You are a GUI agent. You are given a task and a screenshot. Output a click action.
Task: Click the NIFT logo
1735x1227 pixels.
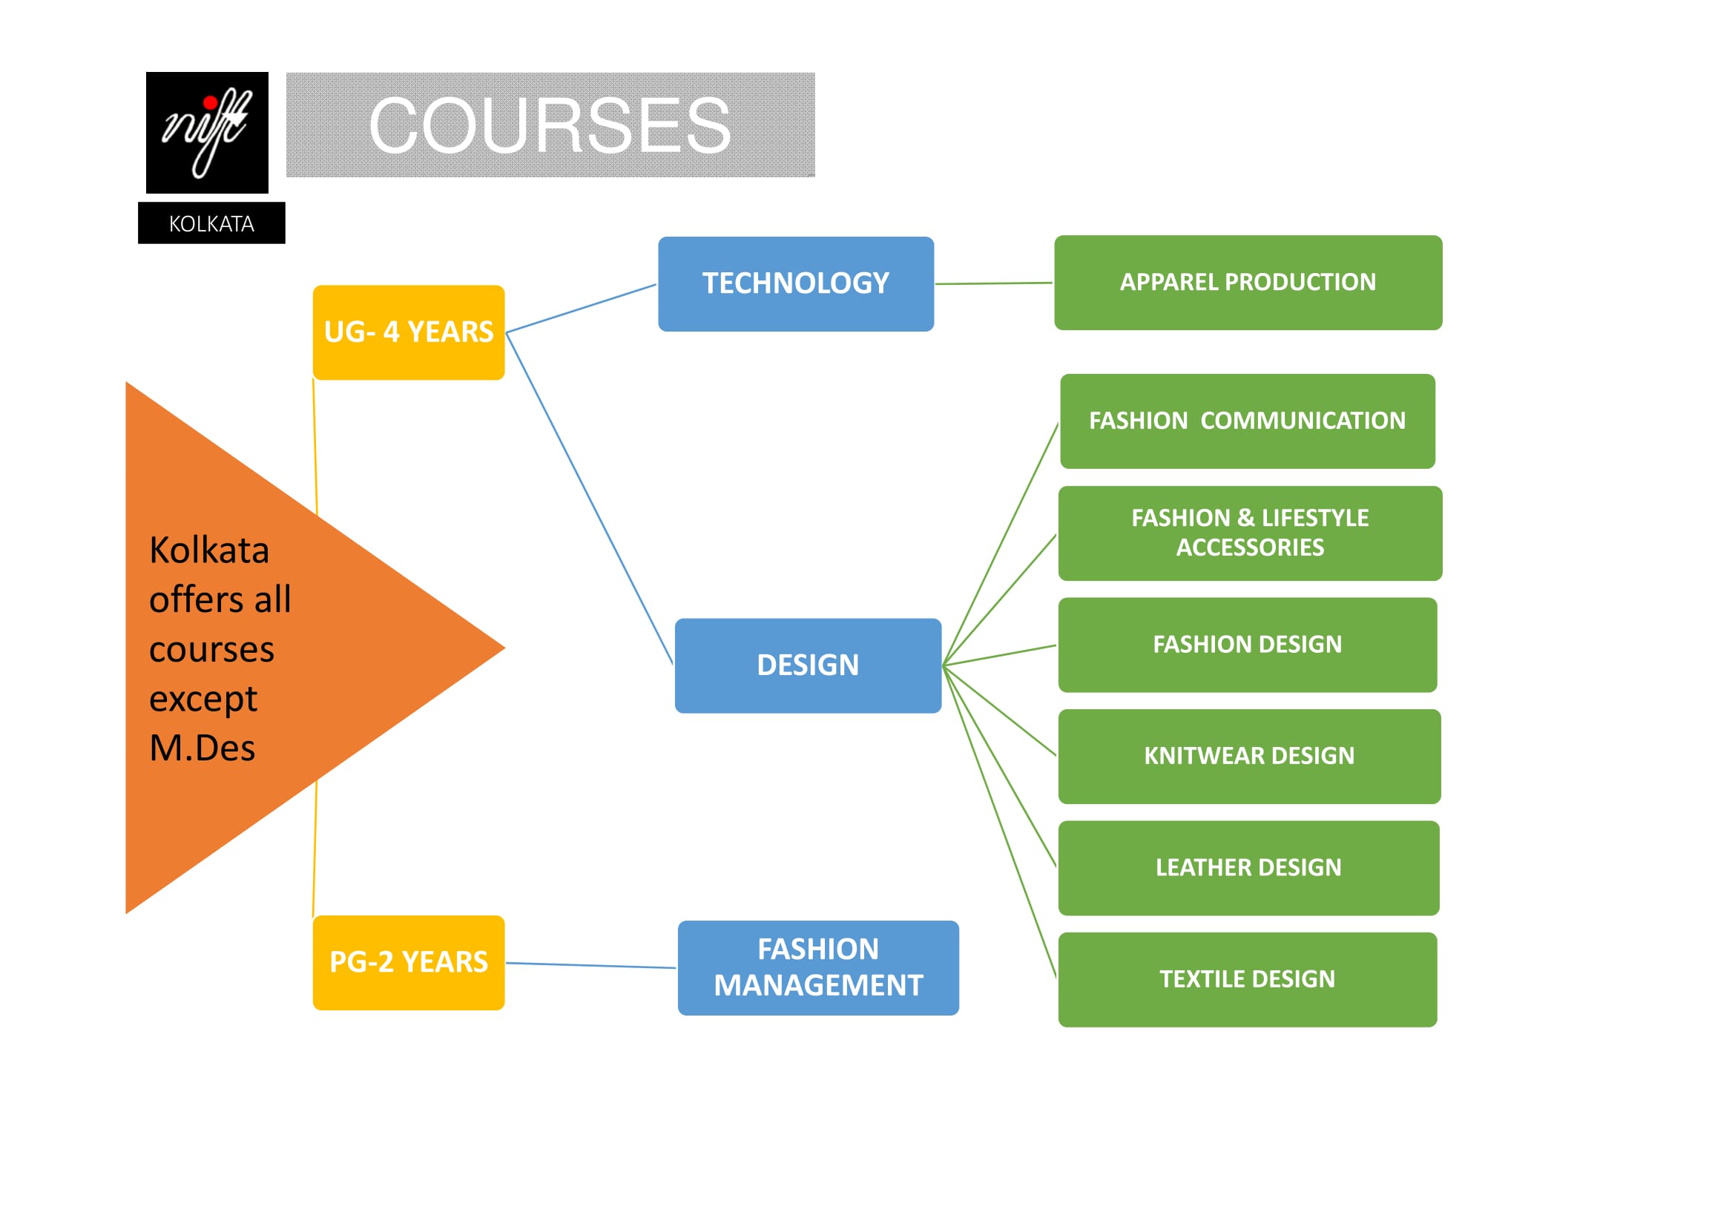(x=207, y=132)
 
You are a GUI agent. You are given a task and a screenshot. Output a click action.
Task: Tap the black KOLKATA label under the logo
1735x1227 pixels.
(x=211, y=223)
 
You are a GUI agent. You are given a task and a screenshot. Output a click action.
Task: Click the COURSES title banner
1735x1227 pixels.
(x=550, y=125)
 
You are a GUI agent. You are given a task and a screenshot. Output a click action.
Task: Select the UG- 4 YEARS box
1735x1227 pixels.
(x=408, y=332)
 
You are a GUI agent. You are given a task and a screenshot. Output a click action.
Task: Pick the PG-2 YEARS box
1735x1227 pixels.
(x=408, y=963)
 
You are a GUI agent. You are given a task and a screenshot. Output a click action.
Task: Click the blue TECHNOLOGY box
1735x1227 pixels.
(x=796, y=284)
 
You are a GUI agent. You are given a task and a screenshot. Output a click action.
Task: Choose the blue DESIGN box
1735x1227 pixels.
(x=808, y=665)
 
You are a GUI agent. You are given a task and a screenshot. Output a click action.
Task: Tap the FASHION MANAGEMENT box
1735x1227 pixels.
(x=818, y=968)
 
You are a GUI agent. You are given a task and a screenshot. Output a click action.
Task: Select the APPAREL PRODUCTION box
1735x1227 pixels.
(x=1248, y=283)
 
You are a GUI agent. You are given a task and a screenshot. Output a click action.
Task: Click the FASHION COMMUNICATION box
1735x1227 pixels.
(x=1247, y=421)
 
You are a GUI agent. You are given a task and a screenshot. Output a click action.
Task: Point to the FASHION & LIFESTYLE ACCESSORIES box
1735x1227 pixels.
(x=1250, y=533)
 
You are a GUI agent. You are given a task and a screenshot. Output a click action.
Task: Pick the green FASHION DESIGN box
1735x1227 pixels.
(x=1248, y=645)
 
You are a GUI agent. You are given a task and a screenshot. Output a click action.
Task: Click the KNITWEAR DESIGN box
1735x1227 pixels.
(x=1249, y=756)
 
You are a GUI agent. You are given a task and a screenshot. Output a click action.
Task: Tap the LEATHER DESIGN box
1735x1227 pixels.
(x=1248, y=868)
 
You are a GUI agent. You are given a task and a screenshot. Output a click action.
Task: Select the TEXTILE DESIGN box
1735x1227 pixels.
(x=1248, y=980)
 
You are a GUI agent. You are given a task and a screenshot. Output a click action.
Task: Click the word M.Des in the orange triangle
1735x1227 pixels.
(x=203, y=749)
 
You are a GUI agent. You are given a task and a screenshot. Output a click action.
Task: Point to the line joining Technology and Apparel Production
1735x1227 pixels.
(x=994, y=283)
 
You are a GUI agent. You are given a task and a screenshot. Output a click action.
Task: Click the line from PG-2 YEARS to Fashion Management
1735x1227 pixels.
(x=591, y=966)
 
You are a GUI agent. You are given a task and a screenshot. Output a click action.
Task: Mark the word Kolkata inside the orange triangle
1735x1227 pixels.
(x=209, y=550)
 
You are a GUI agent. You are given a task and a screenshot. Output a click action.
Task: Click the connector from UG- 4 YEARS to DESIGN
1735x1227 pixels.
(x=590, y=499)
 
